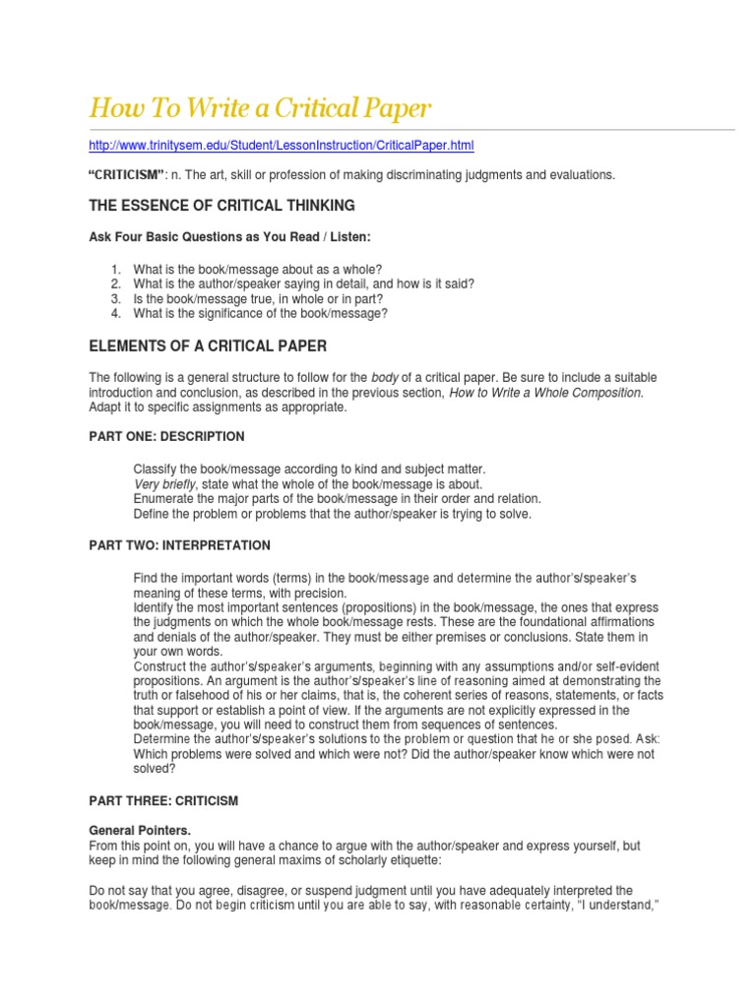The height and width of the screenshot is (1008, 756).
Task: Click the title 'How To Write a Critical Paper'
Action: point(260,107)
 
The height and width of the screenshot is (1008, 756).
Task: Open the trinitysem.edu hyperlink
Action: point(281,146)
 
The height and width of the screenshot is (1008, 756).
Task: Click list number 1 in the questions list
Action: point(115,269)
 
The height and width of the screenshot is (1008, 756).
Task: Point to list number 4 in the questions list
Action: point(115,313)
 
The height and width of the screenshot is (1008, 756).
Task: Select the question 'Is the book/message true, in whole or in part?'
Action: point(258,298)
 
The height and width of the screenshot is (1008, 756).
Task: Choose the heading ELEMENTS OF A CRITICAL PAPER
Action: point(208,346)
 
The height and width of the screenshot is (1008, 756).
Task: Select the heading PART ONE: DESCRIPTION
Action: point(166,436)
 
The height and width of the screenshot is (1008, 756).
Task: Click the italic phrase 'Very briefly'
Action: point(164,484)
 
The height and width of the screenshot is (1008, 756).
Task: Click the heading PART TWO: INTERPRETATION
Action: point(179,545)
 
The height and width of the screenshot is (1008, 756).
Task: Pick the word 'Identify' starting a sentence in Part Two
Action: point(154,607)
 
